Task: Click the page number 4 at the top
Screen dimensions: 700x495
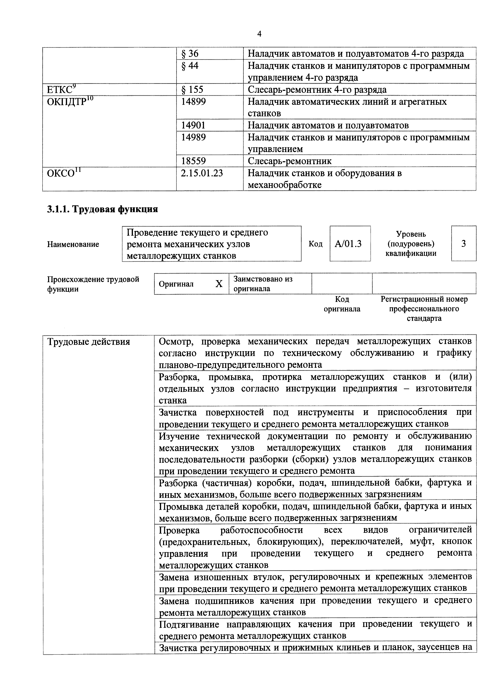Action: tap(259, 34)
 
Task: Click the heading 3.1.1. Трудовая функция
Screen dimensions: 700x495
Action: tap(102, 209)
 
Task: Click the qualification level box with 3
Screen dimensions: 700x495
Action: tap(463, 244)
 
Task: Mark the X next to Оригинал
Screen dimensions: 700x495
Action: tap(219, 284)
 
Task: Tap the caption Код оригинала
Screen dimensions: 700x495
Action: tap(342, 304)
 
